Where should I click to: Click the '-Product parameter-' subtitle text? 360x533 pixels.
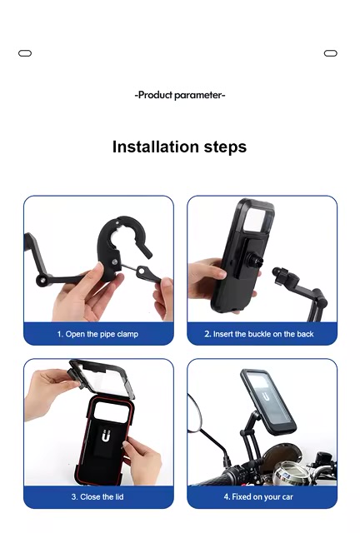tap(180, 95)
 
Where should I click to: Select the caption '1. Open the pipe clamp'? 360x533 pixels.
tap(97, 334)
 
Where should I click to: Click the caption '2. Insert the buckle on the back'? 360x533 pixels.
tap(259, 334)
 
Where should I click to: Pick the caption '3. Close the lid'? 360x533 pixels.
tap(97, 497)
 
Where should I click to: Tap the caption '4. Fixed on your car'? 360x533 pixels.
tap(258, 497)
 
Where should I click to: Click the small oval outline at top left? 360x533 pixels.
tap(25, 53)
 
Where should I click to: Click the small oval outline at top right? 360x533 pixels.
tap(330, 53)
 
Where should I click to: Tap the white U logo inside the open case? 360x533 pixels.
tap(106, 436)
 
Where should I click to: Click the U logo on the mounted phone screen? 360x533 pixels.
tap(266, 396)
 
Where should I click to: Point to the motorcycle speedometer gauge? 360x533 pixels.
tap(289, 471)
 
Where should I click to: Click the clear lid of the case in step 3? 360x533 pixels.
tap(101, 378)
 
